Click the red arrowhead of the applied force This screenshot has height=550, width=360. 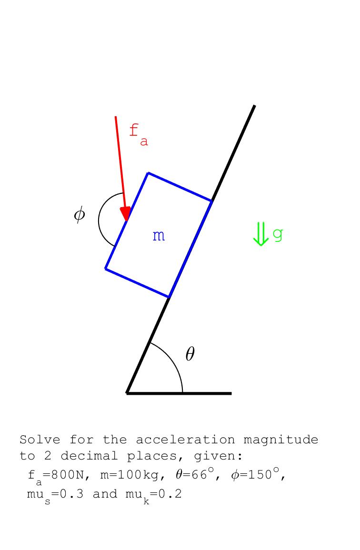125,213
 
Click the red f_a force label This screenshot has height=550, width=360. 139,135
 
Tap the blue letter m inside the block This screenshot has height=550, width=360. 159,236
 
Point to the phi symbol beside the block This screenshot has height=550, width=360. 80,214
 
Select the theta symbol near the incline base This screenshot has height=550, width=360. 190,353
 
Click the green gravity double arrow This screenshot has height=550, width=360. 260,234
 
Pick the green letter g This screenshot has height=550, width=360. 278,235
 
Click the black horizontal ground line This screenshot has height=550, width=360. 179,393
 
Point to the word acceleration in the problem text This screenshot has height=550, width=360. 185,440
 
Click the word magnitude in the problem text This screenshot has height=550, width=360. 280,440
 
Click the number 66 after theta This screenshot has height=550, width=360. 200,475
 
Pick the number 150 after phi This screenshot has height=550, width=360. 260,475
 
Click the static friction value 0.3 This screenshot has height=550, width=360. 71,494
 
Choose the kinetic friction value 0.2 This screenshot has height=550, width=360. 170,494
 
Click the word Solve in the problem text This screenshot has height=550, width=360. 40,440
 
